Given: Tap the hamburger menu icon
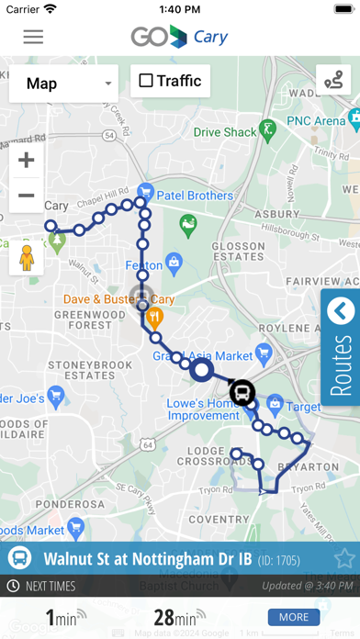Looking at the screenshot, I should (33, 37).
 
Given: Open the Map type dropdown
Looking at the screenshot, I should (63, 84).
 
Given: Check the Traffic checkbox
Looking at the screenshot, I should (146, 81).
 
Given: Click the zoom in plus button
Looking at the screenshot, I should (27, 161).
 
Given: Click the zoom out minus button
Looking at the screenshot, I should (27, 195).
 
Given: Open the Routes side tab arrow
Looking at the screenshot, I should (341, 311).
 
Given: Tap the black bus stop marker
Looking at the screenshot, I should (242, 393).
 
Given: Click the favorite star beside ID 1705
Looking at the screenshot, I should (344, 558).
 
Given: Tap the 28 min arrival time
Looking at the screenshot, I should (173, 618).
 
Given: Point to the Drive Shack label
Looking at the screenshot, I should (225, 132).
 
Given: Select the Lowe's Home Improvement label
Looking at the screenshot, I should (204, 409).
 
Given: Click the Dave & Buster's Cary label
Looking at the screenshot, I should (118, 299).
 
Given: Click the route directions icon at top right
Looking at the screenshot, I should (333, 80).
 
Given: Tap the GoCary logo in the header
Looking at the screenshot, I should (179, 37).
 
